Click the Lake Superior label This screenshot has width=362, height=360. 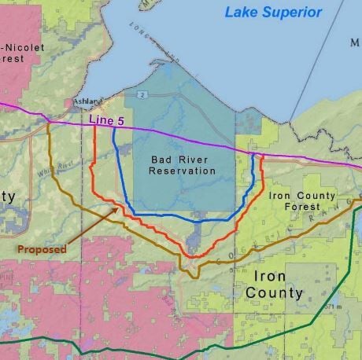272,12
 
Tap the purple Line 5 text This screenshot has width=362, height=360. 108,119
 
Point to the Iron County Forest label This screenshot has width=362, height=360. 302,200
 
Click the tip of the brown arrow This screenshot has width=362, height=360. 118,208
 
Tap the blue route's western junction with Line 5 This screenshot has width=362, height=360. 113,127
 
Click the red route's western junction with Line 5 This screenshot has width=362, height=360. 95,125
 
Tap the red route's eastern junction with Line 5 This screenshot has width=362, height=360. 260,155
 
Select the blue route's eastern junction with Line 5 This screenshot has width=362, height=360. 253,153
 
